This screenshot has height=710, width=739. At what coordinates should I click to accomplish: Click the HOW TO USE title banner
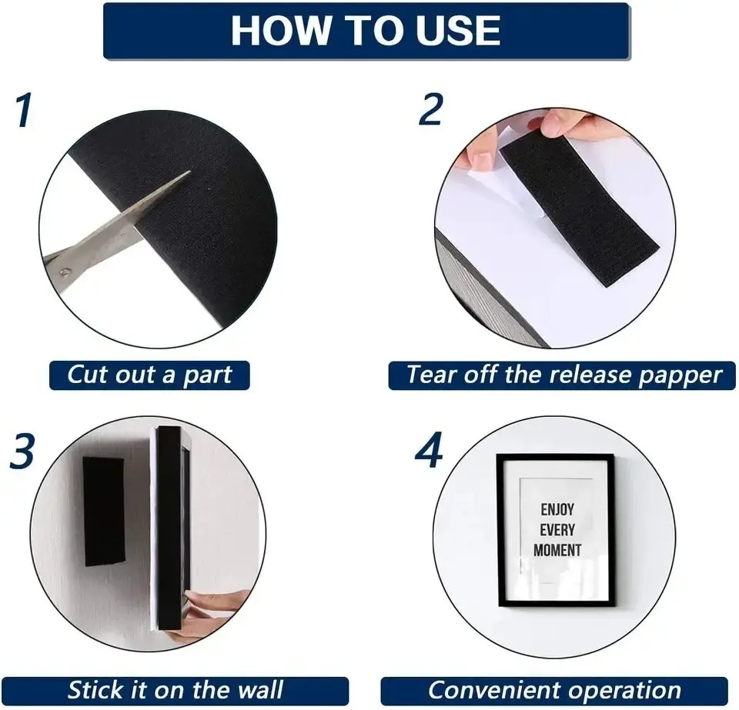point(366,31)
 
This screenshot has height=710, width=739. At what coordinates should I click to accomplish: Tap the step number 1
point(24,110)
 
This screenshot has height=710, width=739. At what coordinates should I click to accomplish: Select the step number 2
point(431,108)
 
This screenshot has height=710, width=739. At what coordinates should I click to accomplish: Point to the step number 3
point(22,451)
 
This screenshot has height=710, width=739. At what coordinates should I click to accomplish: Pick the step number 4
point(429,450)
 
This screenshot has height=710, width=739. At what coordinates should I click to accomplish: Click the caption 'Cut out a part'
point(149,375)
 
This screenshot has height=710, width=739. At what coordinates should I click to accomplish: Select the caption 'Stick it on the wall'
point(176,690)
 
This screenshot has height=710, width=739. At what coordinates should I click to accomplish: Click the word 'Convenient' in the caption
point(494,690)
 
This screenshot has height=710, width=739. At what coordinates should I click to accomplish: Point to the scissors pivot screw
point(65,272)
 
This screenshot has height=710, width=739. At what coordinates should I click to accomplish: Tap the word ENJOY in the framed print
point(557,509)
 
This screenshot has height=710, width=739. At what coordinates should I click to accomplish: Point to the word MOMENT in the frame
point(557,550)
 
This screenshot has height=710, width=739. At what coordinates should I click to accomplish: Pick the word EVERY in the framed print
point(557,530)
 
